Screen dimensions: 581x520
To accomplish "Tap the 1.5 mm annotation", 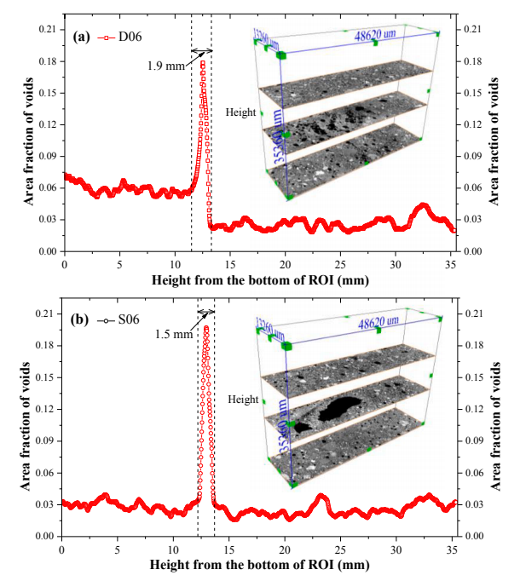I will point(174,334).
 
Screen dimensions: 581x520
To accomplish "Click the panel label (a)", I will point(82,37).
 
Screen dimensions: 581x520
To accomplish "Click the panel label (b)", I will point(82,321).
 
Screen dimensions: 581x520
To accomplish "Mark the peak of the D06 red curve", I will point(203,62).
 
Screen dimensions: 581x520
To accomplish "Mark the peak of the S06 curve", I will point(206,327).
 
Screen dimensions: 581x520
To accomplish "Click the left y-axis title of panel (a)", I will point(18,141).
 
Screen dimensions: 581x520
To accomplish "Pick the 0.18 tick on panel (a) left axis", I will point(46,61).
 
